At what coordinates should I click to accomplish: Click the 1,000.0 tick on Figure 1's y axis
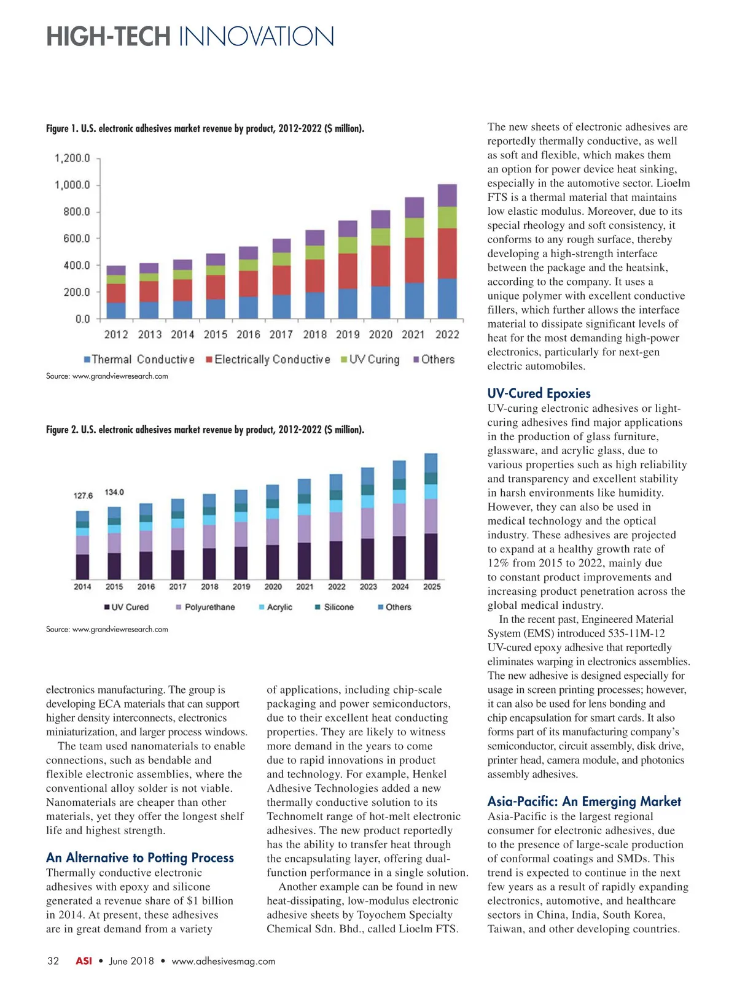click(72, 185)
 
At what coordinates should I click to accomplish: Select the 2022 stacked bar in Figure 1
click(447, 252)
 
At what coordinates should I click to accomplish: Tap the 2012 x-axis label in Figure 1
click(116, 335)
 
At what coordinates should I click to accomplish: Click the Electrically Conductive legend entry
click(268, 360)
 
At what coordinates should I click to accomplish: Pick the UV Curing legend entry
click(370, 360)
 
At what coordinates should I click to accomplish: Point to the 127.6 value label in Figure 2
click(83, 496)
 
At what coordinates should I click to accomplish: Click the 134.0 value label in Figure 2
click(114, 492)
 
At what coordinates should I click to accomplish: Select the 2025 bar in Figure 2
click(431, 517)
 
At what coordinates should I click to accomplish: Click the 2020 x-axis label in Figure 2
click(273, 587)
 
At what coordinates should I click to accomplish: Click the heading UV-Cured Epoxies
click(539, 393)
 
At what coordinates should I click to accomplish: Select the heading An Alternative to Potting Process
click(140, 857)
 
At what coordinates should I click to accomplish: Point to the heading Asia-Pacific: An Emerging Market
click(584, 801)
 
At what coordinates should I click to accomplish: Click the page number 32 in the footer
click(53, 961)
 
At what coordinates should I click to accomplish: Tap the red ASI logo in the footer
click(84, 961)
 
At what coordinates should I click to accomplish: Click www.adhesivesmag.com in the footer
click(223, 961)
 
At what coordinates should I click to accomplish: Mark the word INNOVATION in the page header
click(256, 37)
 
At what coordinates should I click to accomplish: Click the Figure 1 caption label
click(205, 128)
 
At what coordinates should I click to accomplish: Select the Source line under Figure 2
click(107, 629)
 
